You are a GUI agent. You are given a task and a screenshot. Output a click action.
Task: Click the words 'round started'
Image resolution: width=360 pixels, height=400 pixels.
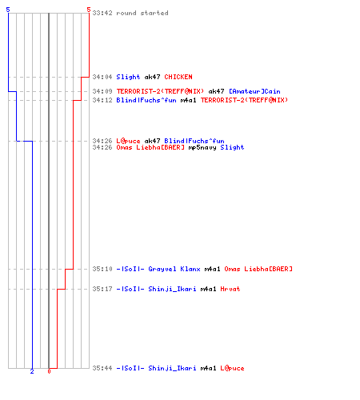point(142,13)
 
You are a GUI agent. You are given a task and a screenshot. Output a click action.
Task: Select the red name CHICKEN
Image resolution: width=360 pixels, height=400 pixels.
point(178,77)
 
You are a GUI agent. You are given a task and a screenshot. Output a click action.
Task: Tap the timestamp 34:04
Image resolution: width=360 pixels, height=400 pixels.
point(102,77)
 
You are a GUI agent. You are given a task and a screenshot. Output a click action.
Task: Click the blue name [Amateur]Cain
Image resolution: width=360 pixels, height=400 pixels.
point(254,91)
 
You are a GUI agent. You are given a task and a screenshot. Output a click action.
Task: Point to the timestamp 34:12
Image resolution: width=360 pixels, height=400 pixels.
point(102,100)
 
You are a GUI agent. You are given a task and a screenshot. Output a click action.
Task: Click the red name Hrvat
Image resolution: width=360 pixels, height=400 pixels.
point(230,289)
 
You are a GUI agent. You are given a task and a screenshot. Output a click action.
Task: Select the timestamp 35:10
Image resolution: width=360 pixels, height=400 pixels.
point(102,269)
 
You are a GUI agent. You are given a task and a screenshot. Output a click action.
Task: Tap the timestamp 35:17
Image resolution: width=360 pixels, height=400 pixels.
point(102,289)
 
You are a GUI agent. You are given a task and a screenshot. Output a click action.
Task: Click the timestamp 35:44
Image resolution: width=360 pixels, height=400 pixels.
point(102,368)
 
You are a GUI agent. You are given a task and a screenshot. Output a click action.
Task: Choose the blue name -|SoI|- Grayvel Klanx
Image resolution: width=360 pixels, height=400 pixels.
point(158,269)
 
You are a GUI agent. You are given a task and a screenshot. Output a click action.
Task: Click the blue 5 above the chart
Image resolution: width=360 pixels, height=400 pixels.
point(8,10)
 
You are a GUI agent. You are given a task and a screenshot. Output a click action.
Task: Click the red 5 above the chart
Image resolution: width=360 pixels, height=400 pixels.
point(89,10)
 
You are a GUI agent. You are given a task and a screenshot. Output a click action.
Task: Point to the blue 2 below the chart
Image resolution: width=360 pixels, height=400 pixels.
point(32,371)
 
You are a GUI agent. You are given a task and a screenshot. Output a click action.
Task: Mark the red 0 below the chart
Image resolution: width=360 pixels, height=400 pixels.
point(49,371)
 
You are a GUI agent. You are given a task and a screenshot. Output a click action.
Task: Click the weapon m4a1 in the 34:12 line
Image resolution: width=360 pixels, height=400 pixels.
point(188,100)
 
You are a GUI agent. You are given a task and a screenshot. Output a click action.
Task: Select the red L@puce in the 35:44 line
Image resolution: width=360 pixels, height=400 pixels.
point(232,368)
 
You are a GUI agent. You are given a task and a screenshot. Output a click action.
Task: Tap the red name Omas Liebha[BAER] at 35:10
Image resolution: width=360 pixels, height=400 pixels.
point(258,269)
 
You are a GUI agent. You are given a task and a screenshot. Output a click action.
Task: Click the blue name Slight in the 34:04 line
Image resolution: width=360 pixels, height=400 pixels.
point(128,77)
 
